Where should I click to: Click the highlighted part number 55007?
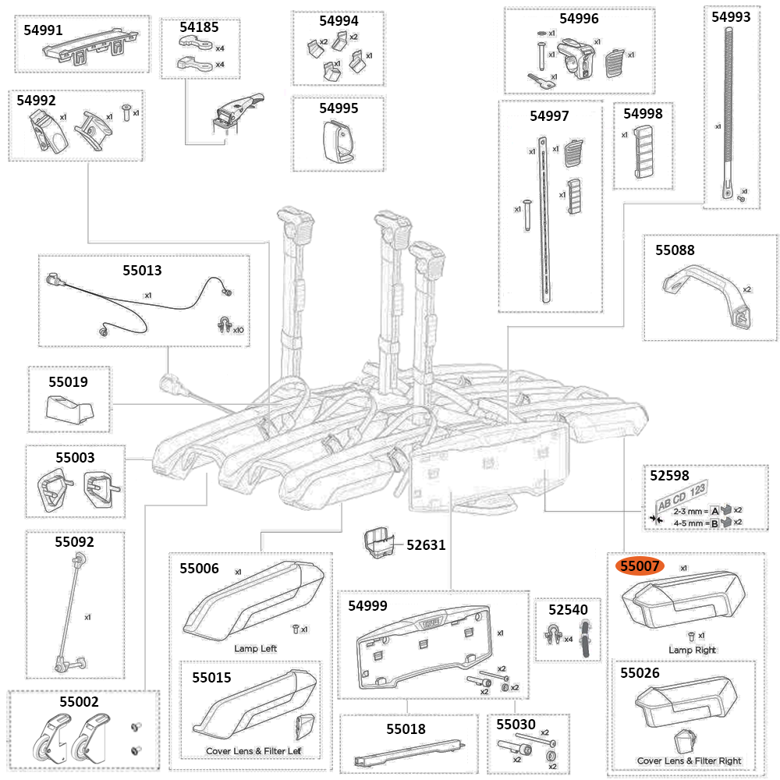[x=640, y=565]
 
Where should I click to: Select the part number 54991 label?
[x=43, y=30]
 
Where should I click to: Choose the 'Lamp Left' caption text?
[x=255, y=648]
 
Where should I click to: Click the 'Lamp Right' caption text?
[x=692, y=650]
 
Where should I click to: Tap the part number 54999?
[x=368, y=605]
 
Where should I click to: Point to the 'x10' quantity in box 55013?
[x=237, y=330]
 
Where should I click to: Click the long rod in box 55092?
[x=69, y=608]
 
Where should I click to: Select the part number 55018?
[x=406, y=729]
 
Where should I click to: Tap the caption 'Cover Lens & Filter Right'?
[x=689, y=760]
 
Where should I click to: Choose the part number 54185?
[x=199, y=27]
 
